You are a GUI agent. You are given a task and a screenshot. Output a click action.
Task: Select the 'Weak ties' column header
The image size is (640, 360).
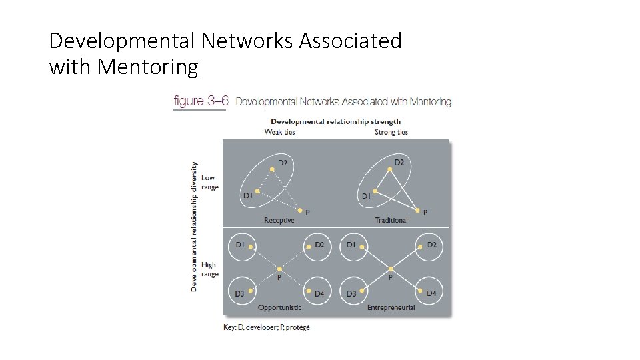pos(279,132)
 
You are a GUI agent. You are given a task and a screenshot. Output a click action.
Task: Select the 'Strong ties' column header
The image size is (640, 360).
pos(391,132)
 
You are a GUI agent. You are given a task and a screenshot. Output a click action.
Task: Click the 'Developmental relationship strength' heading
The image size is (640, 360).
pos(335,121)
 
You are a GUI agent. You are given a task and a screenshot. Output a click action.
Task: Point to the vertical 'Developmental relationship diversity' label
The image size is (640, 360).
pos(194,226)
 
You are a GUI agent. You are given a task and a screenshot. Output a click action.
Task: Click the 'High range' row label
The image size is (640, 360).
pos(209,269)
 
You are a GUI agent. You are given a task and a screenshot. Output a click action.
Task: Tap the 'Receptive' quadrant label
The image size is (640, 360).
pos(279,220)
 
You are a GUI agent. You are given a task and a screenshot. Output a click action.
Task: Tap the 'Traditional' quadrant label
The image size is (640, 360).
pos(391,220)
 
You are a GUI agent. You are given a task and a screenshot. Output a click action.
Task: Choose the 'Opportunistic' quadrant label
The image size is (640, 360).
pos(279,307)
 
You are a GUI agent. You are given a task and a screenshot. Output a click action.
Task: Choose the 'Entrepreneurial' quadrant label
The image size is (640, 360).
pos(391,307)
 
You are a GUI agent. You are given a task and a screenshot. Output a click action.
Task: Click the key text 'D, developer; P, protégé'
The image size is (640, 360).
pos(267,327)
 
